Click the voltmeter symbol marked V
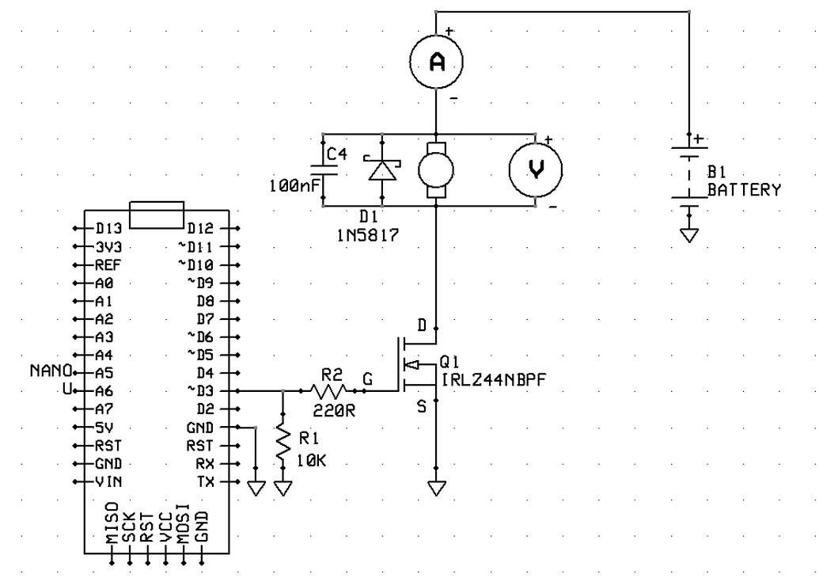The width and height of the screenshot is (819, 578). [x=536, y=170]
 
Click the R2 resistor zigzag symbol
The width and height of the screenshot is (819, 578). [x=329, y=390]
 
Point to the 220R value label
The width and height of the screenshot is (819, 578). [x=330, y=411]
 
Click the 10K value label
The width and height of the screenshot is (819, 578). [x=310, y=460]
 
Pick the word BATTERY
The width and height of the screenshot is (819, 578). [x=743, y=190]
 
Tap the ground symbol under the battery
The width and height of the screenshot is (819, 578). [x=690, y=234]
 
